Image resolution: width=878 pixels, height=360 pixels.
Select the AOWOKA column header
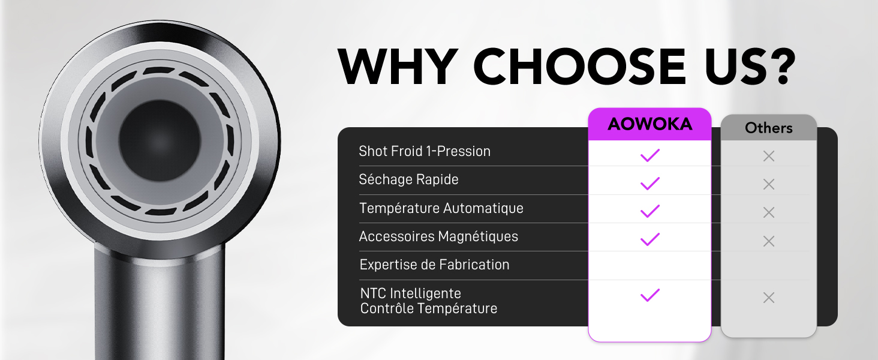click(x=650, y=124)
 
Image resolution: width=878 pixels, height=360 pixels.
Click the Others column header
click(x=768, y=128)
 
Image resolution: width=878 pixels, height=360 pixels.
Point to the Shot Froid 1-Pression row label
click(x=425, y=151)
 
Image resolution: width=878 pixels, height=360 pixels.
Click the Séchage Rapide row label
click(x=408, y=179)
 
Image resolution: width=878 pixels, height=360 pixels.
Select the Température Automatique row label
click(x=441, y=208)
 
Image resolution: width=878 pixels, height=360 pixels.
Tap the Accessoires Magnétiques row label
click(x=438, y=236)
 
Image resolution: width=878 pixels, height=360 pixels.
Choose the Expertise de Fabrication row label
click(x=434, y=265)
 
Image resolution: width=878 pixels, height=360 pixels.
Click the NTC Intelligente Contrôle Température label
click(x=428, y=301)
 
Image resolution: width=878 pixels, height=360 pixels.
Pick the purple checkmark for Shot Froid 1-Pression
click(x=650, y=155)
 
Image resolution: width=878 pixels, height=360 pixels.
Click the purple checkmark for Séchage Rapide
click(x=650, y=184)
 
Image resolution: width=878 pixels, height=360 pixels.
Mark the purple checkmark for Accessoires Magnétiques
click(x=650, y=240)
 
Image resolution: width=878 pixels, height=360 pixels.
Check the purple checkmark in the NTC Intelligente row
click(x=650, y=295)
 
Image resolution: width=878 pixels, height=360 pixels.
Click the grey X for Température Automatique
click(x=768, y=212)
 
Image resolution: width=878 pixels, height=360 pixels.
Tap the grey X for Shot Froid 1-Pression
click(x=768, y=156)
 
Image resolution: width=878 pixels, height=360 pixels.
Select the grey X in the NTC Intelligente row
click(x=768, y=298)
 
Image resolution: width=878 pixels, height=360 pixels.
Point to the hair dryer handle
click(x=159, y=300)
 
